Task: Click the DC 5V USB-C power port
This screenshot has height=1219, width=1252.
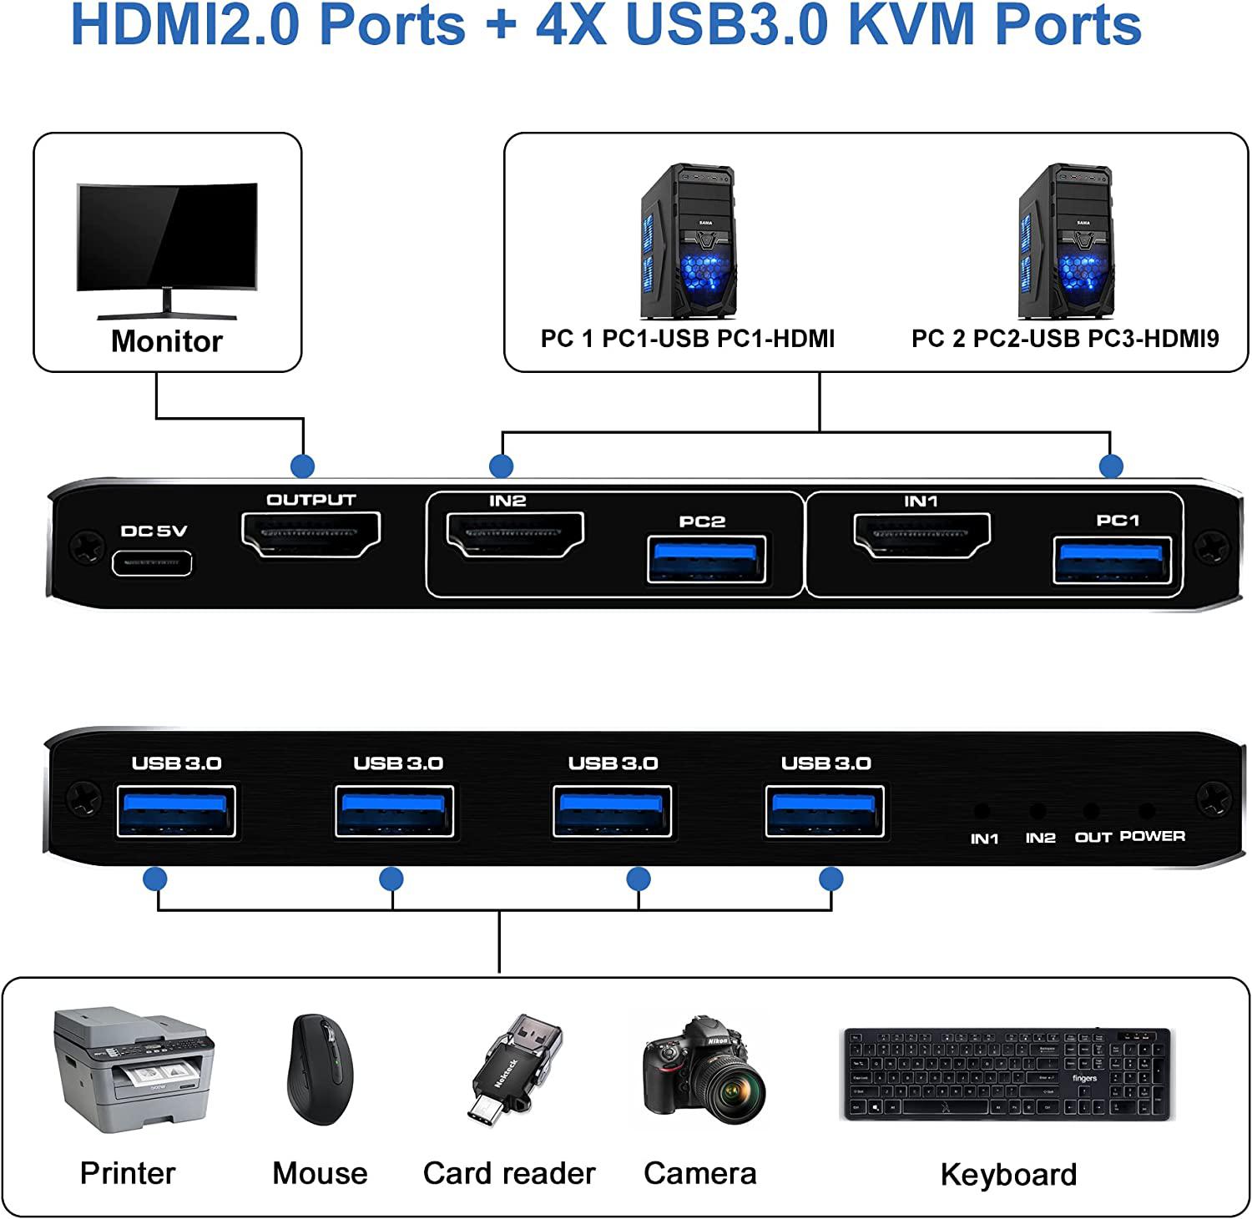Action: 152,562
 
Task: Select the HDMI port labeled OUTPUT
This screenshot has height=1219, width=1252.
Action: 310,534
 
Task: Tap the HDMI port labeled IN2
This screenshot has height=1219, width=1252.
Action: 515,535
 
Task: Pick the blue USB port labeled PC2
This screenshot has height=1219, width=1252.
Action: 706,560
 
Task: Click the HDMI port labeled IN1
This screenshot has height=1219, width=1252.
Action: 921,535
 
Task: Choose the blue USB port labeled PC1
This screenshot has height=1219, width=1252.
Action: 1112,560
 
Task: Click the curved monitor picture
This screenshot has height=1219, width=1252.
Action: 167,246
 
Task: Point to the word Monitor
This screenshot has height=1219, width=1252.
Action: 167,341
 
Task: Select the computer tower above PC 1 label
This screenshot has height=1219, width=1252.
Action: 689,242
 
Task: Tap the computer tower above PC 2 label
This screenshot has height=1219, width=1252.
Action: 1066,242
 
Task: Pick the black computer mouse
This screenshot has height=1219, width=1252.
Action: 321,1070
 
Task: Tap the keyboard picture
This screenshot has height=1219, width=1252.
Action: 1007,1075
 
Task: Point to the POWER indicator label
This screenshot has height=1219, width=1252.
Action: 1152,836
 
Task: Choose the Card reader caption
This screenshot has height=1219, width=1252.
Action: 509,1173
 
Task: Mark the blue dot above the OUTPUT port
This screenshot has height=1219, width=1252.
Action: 302,466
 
